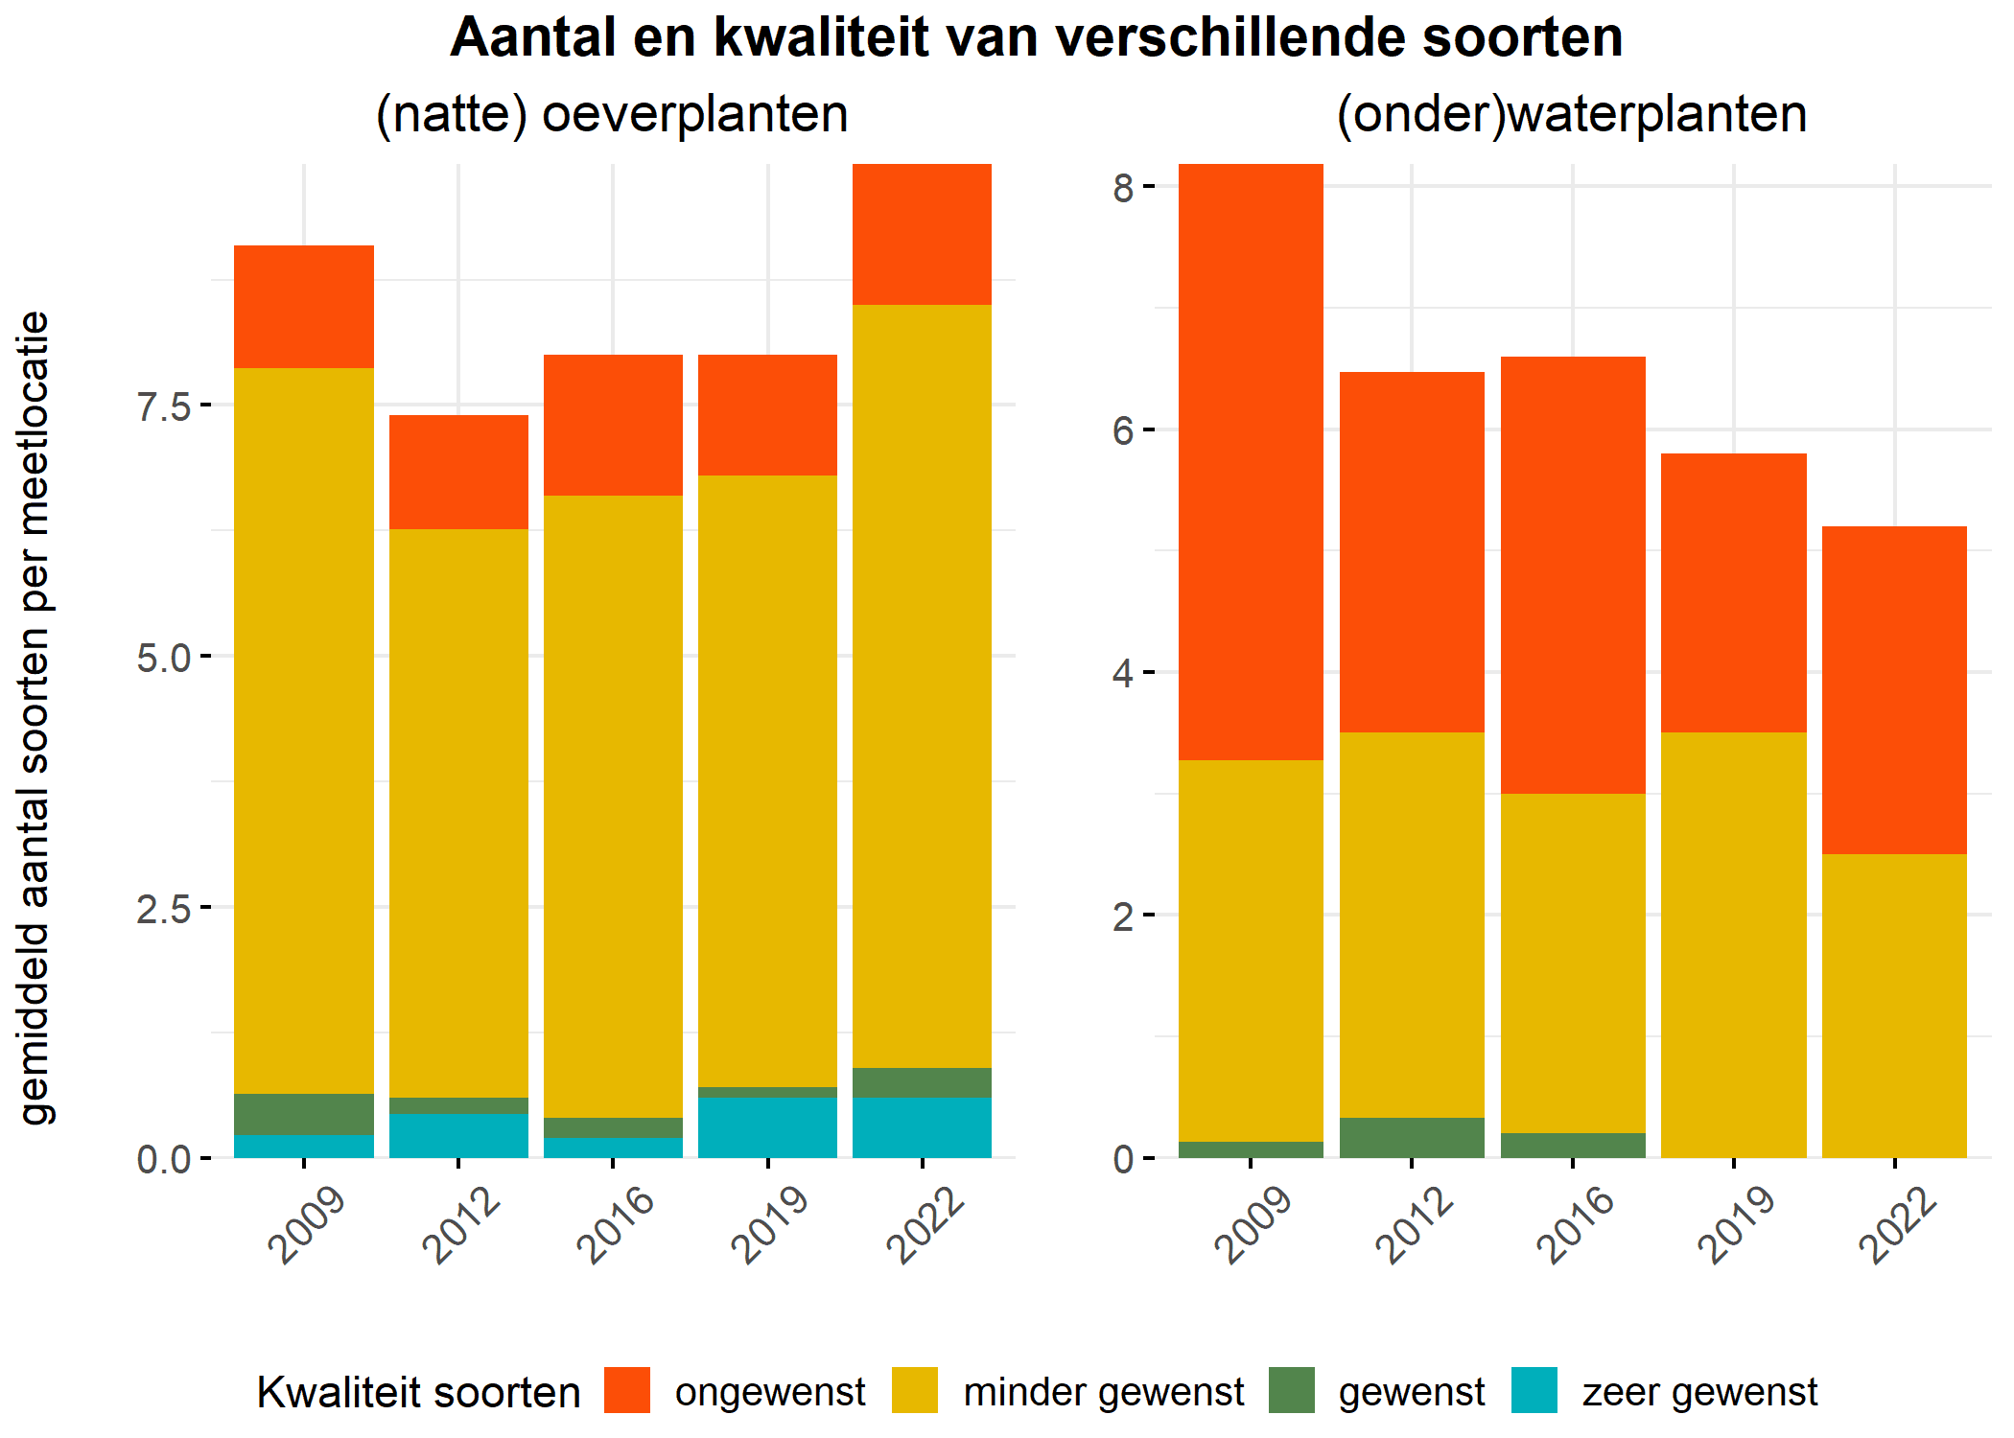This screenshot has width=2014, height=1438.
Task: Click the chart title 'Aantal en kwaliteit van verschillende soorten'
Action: pyautogui.click(x=1036, y=38)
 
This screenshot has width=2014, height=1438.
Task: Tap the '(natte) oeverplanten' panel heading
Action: pyautogui.click(x=612, y=115)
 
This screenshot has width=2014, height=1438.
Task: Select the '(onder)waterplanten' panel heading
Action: pyautogui.click(x=1572, y=115)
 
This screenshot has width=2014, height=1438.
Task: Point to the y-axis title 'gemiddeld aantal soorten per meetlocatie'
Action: pyautogui.click(x=35, y=717)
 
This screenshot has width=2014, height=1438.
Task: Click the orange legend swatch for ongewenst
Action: pyautogui.click(x=627, y=1390)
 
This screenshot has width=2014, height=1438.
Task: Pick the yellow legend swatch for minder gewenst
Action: pyautogui.click(x=915, y=1390)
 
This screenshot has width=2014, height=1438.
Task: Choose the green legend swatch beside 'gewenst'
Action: pyautogui.click(x=1292, y=1390)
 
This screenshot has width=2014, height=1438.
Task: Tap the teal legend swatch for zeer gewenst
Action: pyautogui.click(x=1534, y=1390)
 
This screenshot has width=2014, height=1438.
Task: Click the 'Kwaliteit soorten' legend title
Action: pyautogui.click(x=418, y=1392)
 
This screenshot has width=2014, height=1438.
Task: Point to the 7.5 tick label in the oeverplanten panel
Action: pyautogui.click(x=164, y=406)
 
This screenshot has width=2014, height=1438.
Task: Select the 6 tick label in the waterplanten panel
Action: pyautogui.click(x=1123, y=430)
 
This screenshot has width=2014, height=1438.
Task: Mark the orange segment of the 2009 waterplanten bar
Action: pyautogui.click(x=1251, y=462)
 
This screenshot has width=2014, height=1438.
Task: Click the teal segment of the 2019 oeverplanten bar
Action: pyautogui.click(x=767, y=1127)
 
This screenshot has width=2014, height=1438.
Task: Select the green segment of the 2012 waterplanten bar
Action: pyautogui.click(x=1412, y=1138)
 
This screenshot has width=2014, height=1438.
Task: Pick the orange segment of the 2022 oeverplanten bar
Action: pyautogui.click(x=922, y=235)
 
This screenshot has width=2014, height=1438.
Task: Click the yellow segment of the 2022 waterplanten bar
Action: pyautogui.click(x=1894, y=1006)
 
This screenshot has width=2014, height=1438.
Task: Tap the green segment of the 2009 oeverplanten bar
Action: pyautogui.click(x=304, y=1114)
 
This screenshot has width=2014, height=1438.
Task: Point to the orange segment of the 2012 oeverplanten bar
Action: pyautogui.click(x=458, y=472)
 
